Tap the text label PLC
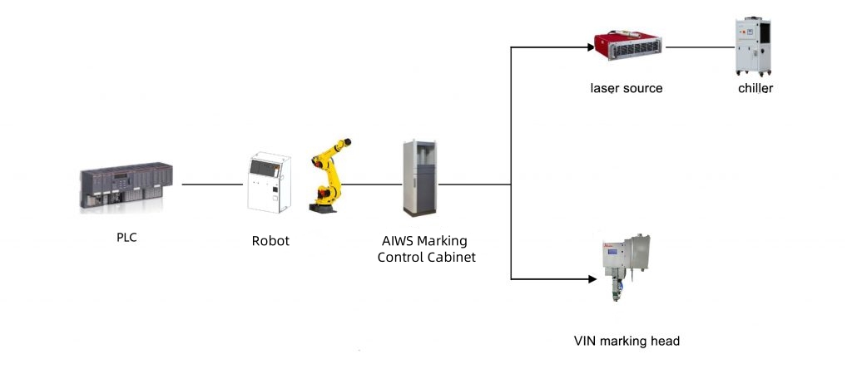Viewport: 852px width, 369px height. [x=126, y=238]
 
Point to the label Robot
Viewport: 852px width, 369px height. [x=270, y=241]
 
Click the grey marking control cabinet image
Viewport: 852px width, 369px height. [x=419, y=179]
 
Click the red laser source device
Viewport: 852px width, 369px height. [x=627, y=47]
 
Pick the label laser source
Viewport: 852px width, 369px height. [x=627, y=87]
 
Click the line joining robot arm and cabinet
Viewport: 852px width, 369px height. [x=370, y=184]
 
